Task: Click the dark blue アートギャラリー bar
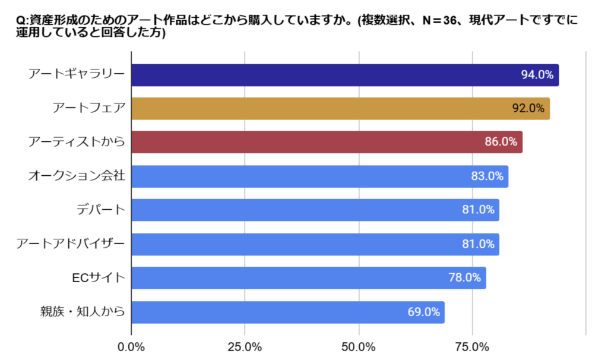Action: pos(321,75)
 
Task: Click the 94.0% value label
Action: pos(537,75)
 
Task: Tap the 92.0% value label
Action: pos(528,109)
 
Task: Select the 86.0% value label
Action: pos(501,143)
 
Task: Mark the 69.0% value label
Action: pos(423,312)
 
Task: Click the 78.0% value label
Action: pos(464,278)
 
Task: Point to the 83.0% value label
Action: pos(487,176)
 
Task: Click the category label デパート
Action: pos(101,210)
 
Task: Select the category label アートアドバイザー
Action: pos(71,244)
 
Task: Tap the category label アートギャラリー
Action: pos(77,75)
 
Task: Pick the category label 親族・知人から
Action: pos(83,311)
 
